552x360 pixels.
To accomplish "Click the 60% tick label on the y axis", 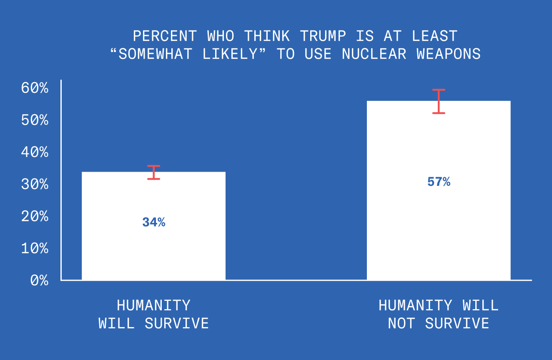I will click(x=35, y=88).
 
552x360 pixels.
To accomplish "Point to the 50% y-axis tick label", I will click(x=35, y=120).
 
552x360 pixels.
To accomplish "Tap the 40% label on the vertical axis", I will click(x=35, y=152).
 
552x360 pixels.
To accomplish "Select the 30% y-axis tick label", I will click(x=35, y=184).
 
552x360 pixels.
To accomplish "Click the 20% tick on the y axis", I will click(x=35, y=216).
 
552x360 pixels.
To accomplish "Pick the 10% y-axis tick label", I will click(x=35, y=248).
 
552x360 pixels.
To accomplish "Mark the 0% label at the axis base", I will click(x=39, y=280).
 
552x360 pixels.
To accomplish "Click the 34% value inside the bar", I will click(x=154, y=222).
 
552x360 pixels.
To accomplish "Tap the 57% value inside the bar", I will click(x=439, y=182).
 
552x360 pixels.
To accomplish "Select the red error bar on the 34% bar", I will click(x=154, y=172).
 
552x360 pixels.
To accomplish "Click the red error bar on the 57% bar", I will click(x=439, y=101).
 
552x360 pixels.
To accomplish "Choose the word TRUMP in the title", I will click(x=323, y=36).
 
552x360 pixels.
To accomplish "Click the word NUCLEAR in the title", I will click(x=374, y=54).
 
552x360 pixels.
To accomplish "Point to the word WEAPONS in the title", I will click(x=449, y=54).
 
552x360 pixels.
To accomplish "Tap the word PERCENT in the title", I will click(x=165, y=36).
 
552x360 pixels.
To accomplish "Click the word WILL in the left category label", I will click(x=116, y=323).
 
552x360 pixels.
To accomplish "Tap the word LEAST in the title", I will click(x=435, y=36).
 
